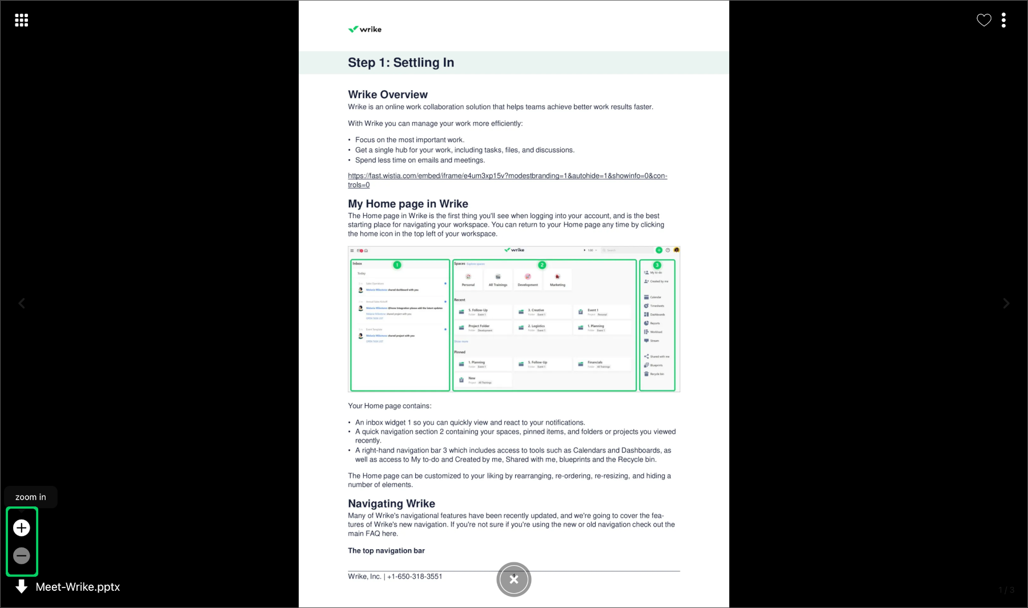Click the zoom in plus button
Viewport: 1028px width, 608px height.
tap(22, 528)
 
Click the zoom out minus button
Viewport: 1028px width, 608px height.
tap(22, 555)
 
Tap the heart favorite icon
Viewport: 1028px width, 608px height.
tap(984, 21)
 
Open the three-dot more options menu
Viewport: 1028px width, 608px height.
tap(1003, 21)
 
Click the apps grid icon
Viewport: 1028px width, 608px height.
tap(22, 21)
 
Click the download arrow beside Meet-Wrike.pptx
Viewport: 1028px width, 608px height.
tap(22, 586)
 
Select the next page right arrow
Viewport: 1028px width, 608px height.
tap(1006, 304)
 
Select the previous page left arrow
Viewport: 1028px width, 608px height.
tap(22, 304)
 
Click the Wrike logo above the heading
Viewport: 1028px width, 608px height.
tap(365, 29)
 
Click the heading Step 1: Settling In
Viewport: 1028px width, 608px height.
tap(401, 63)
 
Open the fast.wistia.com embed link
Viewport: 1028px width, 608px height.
tap(507, 176)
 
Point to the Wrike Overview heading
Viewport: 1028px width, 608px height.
tap(388, 95)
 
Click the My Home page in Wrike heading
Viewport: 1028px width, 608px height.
tap(408, 204)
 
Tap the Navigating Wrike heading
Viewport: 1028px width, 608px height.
tap(391, 504)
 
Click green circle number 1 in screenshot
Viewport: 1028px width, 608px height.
tap(397, 265)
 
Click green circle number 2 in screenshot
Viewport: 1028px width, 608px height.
tap(542, 265)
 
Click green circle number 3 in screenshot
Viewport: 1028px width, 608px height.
tap(657, 265)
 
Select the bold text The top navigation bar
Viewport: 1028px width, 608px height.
tap(386, 551)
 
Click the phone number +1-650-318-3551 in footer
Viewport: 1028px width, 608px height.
tap(415, 577)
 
